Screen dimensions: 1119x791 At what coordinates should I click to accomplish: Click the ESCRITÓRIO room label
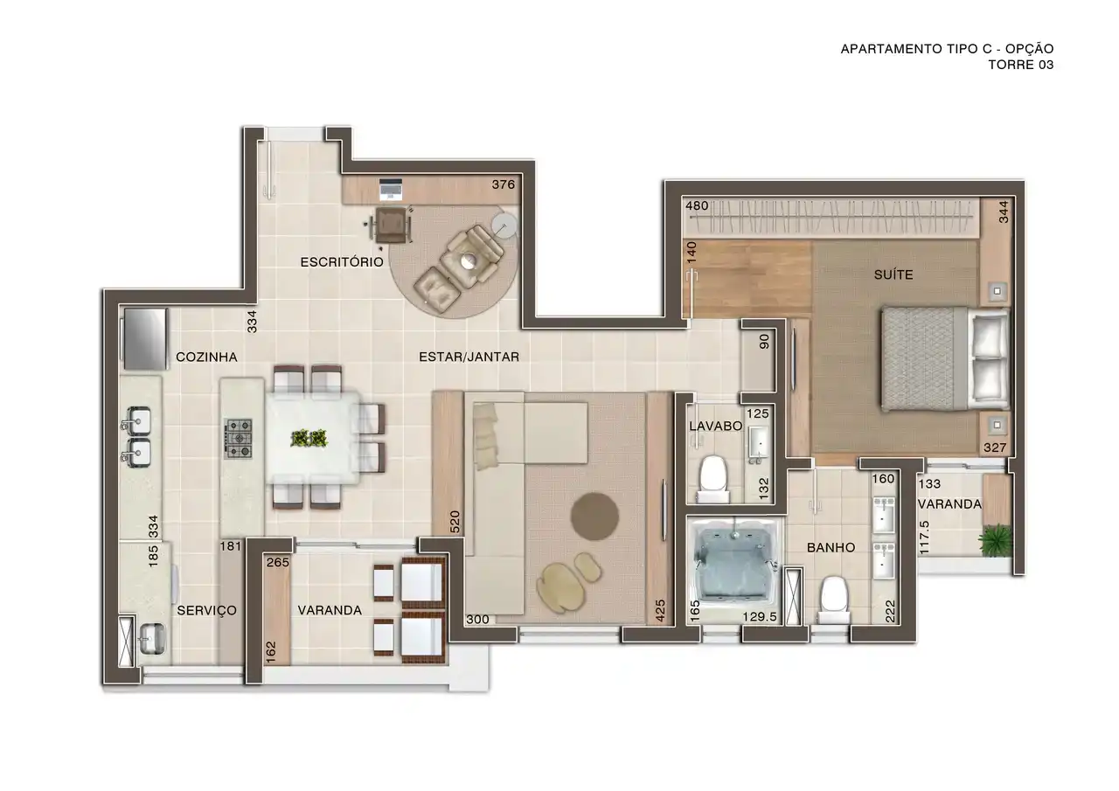(x=342, y=262)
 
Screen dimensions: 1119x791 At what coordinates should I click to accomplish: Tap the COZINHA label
(x=206, y=357)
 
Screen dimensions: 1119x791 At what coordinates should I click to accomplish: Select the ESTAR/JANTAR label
(x=469, y=357)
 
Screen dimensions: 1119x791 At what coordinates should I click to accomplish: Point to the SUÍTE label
(x=893, y=274)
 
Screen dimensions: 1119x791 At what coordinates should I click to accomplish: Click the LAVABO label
(x=715, y=426)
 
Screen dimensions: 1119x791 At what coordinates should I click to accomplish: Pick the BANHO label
(x=831, y=548)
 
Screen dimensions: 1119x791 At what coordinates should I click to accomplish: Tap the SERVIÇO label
(x=207, y=610)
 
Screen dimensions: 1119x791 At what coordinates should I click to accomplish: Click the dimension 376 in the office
(x=503, y=184)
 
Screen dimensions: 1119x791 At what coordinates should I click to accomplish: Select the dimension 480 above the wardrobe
(x=697, y=205)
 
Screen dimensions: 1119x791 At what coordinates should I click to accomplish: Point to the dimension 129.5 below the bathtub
(x=760, y=617)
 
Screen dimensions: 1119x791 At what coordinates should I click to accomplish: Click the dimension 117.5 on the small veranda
(x=924, y=538)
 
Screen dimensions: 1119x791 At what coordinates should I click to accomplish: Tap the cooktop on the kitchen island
(x=240, y=439)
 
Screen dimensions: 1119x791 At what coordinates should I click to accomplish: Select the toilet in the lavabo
(x=712, y=477)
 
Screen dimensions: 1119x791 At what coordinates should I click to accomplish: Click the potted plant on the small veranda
(x=995, y=540)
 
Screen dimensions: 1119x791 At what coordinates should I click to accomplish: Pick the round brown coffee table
(x=595, y=517)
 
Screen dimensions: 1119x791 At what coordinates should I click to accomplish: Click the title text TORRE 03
(x=1020, y=65)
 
